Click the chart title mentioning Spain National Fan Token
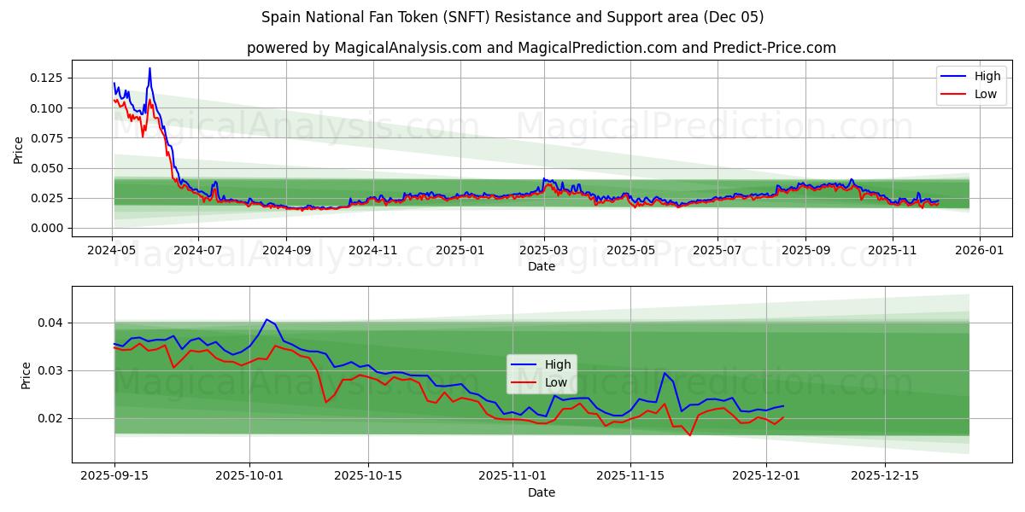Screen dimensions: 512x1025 (x=512, y=17)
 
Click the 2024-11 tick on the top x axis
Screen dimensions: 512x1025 (x=373, y=251)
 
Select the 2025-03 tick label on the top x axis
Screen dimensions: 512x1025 (x=544, y=251)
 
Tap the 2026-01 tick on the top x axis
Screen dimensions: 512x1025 (x=979, y=251)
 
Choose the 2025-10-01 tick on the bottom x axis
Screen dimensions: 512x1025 (x=250, y=476)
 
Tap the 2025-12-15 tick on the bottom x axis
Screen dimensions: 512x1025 (x=885, y=476)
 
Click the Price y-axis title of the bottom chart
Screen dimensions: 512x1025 (x=26, y=375)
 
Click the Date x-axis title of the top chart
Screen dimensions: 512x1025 (x=541, y=266)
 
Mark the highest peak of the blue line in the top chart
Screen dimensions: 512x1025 (x=149, y=68)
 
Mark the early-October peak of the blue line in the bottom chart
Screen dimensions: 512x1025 (x=266, y=319)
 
